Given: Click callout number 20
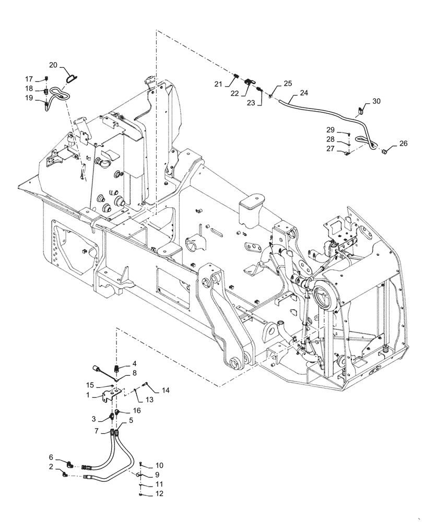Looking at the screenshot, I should pos(53,65).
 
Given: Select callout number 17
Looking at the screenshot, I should pos(29,79).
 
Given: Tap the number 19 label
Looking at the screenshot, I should pos(29,98).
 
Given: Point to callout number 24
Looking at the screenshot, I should pos(304,93).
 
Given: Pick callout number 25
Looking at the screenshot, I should pos(288,84).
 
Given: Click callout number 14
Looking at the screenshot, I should pos(166,389).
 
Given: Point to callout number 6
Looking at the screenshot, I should pos(51,457).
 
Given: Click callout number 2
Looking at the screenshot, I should pos(51,467).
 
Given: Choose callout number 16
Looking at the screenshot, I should pos(137,411).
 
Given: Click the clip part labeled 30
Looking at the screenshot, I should pos(360,111).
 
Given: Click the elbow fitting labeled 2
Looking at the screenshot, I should pos(64,474).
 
